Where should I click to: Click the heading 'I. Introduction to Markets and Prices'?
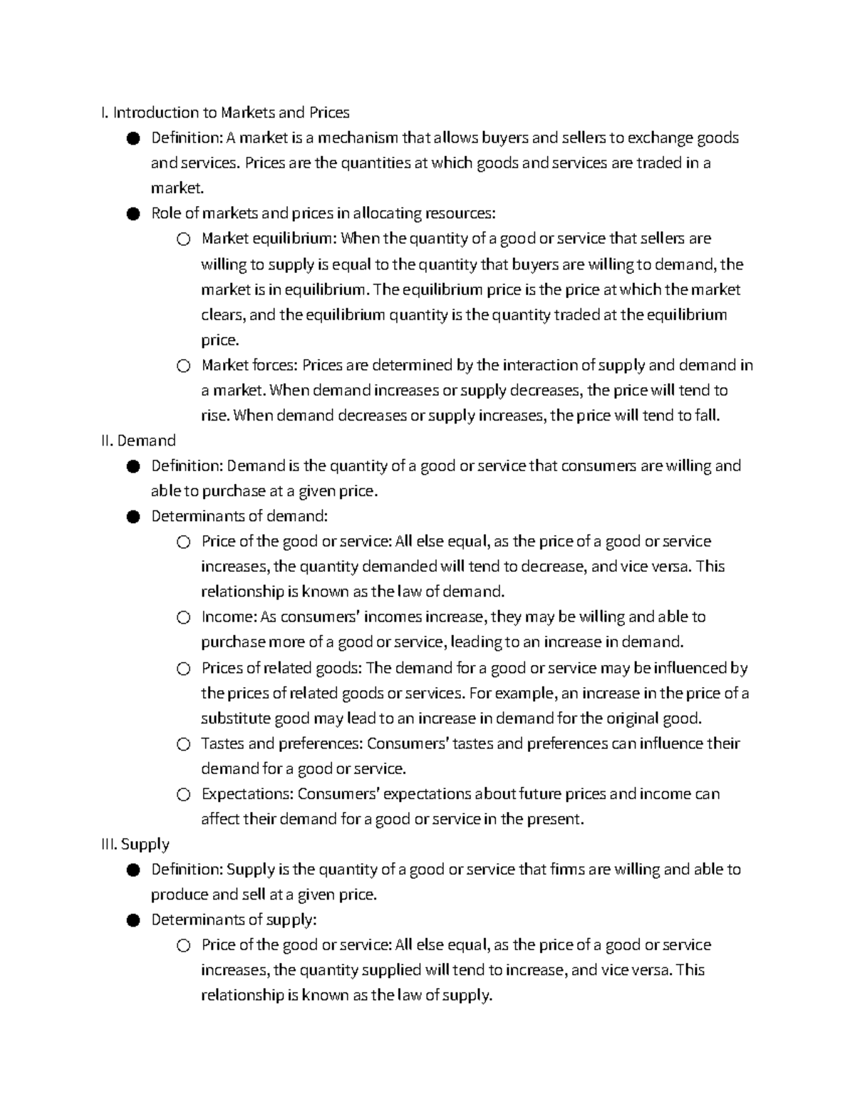[225, 113]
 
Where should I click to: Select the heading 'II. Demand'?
[138, 441]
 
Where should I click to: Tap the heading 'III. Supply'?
[135, 844]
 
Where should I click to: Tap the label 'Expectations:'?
[247, 794]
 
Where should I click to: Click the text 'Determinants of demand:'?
[239, 516]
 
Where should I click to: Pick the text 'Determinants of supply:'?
[234, 920]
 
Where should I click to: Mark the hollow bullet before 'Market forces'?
[184, 366]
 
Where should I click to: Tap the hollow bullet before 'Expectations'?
[184, 795]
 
